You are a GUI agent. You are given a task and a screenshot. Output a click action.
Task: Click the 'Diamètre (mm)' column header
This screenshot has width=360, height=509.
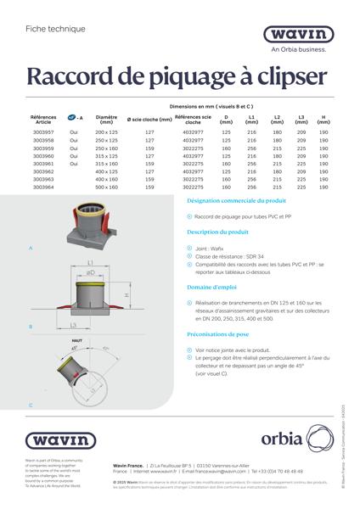pos(107,120)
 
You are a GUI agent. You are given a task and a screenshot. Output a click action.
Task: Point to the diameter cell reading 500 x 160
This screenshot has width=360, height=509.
pos(107,187)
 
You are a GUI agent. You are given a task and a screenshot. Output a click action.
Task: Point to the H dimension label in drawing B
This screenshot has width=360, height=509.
pos(126,294)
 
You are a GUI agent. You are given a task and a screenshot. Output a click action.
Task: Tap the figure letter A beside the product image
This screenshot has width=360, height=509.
pos(31,248)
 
